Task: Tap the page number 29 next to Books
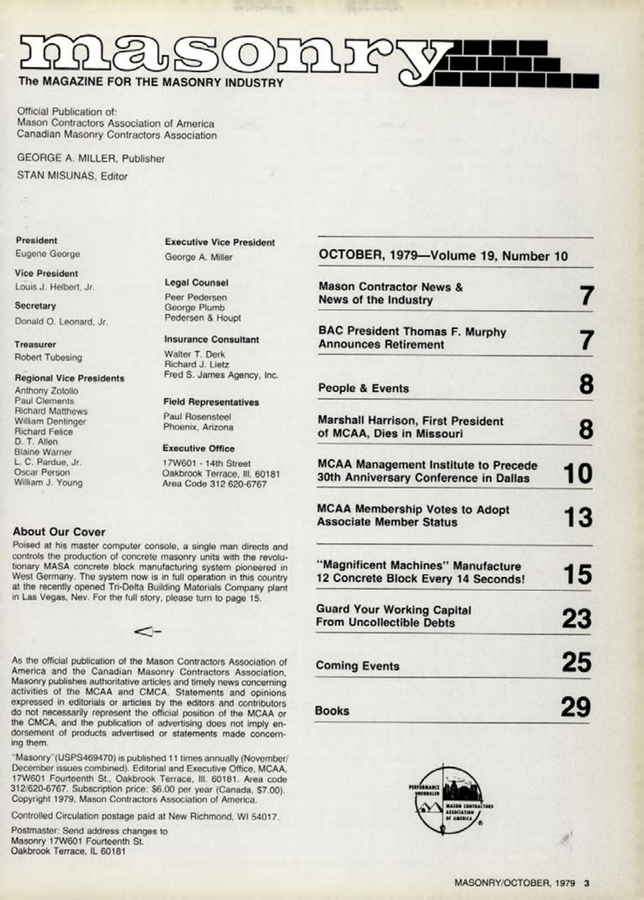click(576, 707)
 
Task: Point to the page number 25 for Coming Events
click(576, 662)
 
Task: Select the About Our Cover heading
click(59, 532)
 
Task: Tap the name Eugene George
click(48, 254)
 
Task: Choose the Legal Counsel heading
click(196, 283)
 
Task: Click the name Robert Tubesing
click(49, 357)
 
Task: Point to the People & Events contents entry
click(363, 388)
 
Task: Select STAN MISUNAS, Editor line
click(72, 176)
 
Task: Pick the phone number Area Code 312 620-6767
click(215, 484)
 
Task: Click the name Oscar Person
click(42, 472)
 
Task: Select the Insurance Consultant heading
click(211, 340)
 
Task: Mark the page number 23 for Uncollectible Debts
click(576, 618)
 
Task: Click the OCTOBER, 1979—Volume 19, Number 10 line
click(443, 256)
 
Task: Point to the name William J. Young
click(49, 483)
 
